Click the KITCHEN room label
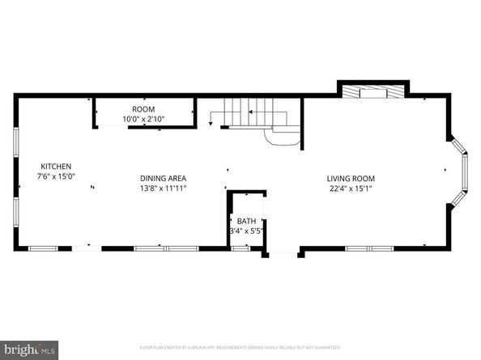(x=45, y=166)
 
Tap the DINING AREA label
(x=163, y=178)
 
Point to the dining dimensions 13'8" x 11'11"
(x=163, y=188)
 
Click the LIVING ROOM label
(x=351, y=178)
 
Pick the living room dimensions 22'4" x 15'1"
(x=351, y=188)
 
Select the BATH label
(x=245, y=221)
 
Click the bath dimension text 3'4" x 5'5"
(x=245, y=231)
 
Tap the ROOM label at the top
(x=143, y=109)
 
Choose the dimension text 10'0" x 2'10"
(x=143, y=119)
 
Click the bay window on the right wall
(x=462, y=171)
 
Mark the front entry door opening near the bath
(x=282, y=254)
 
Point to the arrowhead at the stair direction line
(x=211, y=125)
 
